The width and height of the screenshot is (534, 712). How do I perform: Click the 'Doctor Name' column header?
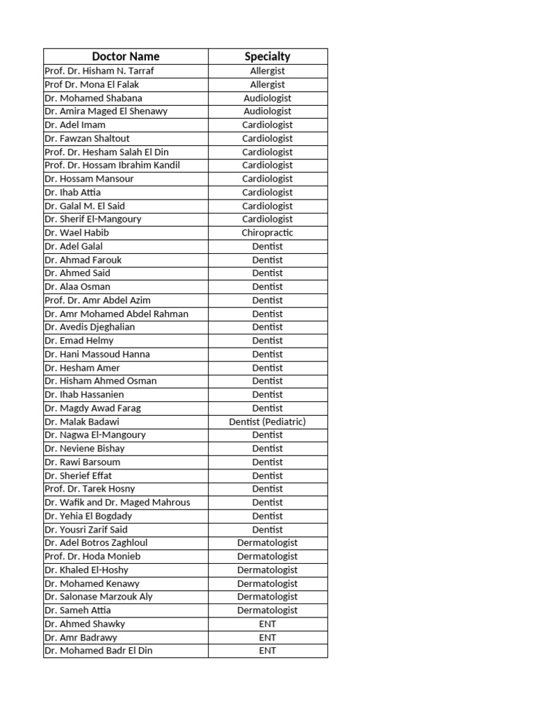pyautogui.click(x=125, y=56)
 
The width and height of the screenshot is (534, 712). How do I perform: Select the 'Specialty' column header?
pyautogui.click(x=268, y=56)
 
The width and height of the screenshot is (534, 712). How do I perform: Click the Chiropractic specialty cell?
pyautogui.click(x=268, y=233)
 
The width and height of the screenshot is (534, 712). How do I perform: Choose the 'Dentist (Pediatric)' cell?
pyautogui.click(x=268, y=421)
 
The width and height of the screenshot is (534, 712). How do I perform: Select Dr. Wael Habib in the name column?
pyautogui.click(x=76, y=233)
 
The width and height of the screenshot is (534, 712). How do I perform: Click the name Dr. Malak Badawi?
pyautogui.click(x=82, y=421)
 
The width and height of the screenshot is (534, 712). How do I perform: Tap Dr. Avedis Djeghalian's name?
pyautogui.click(x=90, y=327)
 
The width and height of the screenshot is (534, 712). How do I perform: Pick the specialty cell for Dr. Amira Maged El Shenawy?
pyautogui.click(x=268, y=111)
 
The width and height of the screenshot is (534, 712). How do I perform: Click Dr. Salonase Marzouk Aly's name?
pyautogui.click(x=98, y=597)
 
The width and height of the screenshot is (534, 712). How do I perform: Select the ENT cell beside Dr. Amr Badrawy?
pyautogui.click(x=268, y=637)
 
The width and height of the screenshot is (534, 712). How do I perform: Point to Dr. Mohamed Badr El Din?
pyautogui.click(x=98, y=651)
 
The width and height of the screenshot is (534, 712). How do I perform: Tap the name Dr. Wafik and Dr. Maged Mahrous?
pyautogui.click(x=117, y=502)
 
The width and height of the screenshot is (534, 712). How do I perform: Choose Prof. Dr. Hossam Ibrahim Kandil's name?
pyautogui.click(x=112, y=165)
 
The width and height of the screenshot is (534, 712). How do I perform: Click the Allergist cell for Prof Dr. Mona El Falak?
pyautogui.click(x=268, y=84)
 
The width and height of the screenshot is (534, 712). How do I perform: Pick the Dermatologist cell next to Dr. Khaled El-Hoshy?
pyautogui.click(x=268, y=569)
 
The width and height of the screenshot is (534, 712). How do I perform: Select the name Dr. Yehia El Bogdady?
pyautogui.click(x=88, y=516)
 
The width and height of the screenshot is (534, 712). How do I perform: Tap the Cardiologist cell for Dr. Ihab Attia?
pyautogui.click(x=268, y=193)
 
